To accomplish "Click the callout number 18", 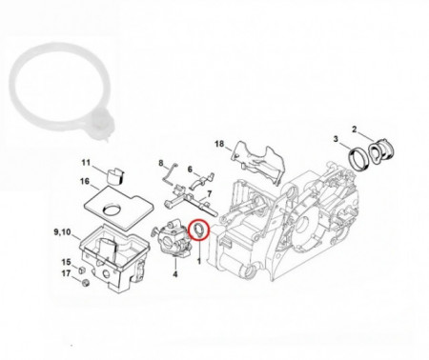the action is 219,144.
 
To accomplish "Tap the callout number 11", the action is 86,163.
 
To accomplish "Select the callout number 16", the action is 85,181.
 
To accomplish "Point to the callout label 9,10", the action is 62,232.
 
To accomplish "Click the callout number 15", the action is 66,262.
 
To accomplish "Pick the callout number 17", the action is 66,273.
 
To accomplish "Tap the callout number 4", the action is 175,273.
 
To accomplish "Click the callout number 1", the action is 199,261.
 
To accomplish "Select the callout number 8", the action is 161,163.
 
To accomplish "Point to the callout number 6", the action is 190,170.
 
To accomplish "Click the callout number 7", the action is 209,193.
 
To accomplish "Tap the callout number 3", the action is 336,139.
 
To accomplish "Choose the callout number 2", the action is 355,130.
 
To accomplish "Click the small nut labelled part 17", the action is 85,283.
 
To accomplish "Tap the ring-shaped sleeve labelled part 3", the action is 358,158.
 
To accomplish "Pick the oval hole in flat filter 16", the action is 112,210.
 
